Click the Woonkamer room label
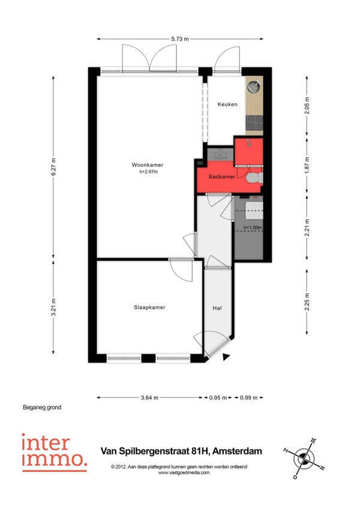tap(148, 165)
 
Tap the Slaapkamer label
tap(149, 307)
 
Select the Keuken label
tap(227, 104)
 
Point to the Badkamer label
tap(222, 177)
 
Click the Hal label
tap(217, 308)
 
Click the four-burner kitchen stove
tap(254, 123)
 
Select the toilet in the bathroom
tap(254, 178)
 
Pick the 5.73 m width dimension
tap(180, 39)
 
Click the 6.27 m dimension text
tap(53, 167)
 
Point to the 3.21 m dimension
tap(53, 307)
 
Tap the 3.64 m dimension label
tap(149, 397)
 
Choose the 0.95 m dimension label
tap(217, 397)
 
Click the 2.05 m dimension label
tap(307, 106)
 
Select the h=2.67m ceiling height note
tap(148, 172)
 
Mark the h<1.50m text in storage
tap(253, 227)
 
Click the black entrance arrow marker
tap(226, 357)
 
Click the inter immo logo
tap(54, 453)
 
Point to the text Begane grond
tap(42, 408)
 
